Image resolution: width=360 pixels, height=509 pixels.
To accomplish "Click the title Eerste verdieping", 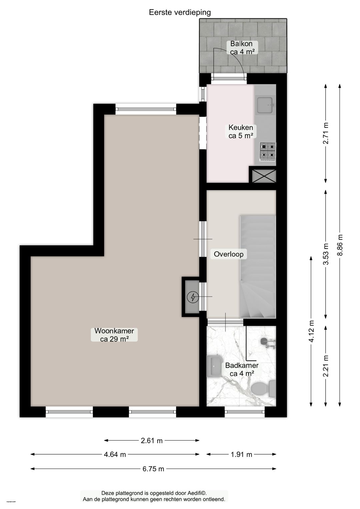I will click(x=180, y=12).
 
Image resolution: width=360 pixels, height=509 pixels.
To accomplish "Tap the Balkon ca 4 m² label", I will click(x=242, y=48).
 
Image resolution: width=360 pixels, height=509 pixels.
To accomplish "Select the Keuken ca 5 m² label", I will click(x=241, y=131).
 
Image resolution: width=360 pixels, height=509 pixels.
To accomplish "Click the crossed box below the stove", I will click(x=264, y=176).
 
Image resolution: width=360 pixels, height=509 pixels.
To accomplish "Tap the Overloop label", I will click(x=228, y=254).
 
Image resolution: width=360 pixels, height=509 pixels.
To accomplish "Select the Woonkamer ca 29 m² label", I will click(x=114, y=335).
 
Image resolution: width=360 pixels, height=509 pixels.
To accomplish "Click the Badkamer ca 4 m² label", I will click(x=242, y=369).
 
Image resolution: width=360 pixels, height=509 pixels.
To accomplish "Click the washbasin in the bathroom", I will click(x=214, y=366).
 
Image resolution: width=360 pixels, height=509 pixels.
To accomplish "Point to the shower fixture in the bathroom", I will click(x=267, y=343).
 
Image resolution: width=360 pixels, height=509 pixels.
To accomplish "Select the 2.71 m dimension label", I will click(x=326, y=133).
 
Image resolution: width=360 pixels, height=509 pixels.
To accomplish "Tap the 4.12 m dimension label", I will click(x=311, y=331).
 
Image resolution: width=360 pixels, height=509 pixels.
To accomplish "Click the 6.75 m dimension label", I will click(x=153, y=469).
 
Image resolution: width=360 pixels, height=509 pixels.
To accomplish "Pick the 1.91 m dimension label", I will click(x=241, y=454).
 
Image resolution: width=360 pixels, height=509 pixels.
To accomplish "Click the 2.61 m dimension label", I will click(x=152, y=441).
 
